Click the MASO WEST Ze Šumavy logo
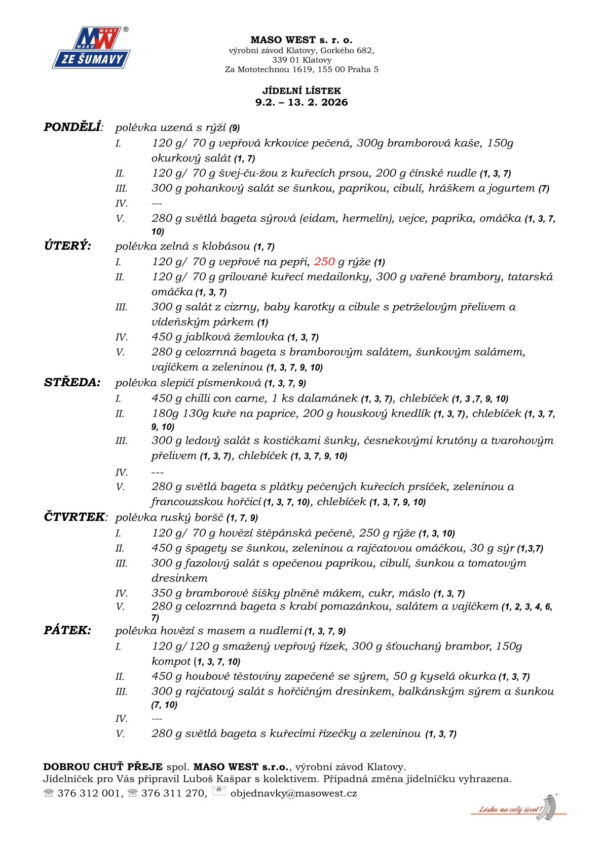(x=91, y=48)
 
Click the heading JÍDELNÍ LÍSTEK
(x=301, y=91)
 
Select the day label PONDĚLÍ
(x=72, y=127)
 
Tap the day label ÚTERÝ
(x=67, y=246)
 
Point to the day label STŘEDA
(x=72, y=382)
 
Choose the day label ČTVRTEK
(x=74, y=517)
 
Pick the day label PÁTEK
(x=67, y=630)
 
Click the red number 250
(x=324, y=262)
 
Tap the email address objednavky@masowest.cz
(x=293, y=793)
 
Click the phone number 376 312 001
(x=89, y=793)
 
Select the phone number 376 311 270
(x=173, y=793)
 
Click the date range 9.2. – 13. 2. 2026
(x=301, y=102)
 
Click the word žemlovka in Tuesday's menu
(x=259, y=337)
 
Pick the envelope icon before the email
(x=219, y=791)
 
